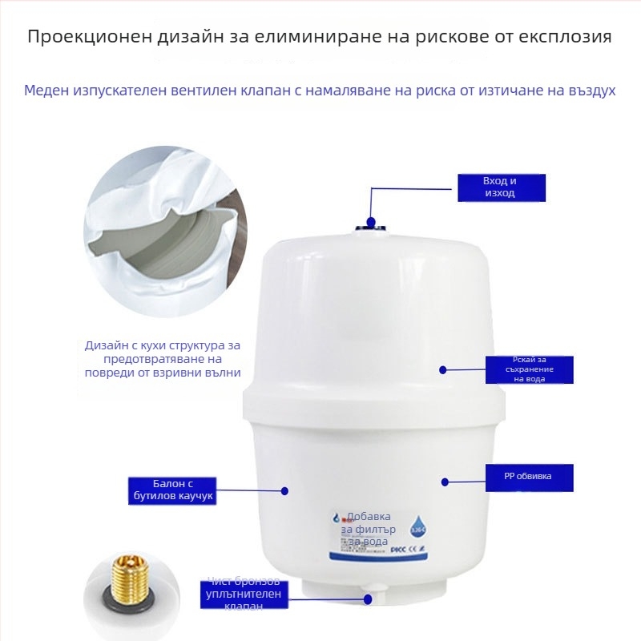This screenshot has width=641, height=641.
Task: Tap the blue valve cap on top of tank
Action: point(370,223)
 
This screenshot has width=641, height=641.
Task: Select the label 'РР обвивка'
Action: point(528,477)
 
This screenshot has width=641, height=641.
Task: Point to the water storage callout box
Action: point(529,369)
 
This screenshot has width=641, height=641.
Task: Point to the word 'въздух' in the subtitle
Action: point(589,90)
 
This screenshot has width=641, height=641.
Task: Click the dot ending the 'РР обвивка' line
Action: point(445,482)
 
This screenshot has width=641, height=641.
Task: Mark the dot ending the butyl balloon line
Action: point(284,490)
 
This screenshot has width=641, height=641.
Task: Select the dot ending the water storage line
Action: point(441,369)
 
